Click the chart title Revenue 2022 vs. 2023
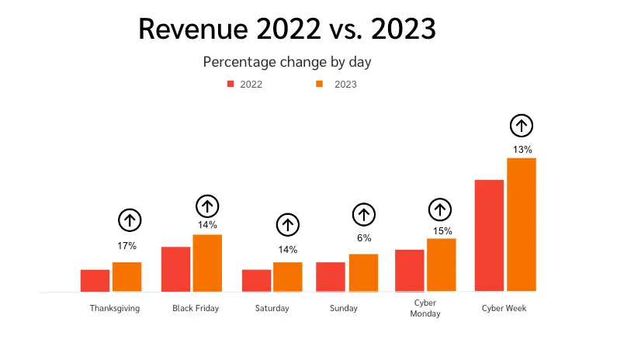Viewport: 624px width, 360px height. (x=286, y=29)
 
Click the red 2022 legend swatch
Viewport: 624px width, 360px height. (x=231, y=84)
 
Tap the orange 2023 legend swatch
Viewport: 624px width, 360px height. (x=319, y=84)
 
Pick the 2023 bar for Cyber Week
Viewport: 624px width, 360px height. (x=522, y=225)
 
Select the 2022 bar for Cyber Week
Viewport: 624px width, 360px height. (x=489, y=236)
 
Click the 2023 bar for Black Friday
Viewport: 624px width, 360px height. (x=207, y=263)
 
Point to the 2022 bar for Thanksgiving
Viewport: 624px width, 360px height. (x=95, y=281)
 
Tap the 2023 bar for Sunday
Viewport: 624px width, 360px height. (x=363, y=273)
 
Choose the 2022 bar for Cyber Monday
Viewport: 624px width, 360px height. (x=409, y=271)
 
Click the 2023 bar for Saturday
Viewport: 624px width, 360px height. (x=288, y=277)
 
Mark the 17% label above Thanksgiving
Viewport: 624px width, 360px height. (x=127, y=246)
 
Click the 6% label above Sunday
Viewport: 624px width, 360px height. (x=364, y=238)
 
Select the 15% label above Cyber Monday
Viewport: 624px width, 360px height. (x=442, y=230)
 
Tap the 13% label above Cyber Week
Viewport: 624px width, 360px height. (x=522, y=150)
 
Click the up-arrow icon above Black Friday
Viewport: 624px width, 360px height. (x=207, y=206)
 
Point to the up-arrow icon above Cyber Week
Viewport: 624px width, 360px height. (x=522, y=125)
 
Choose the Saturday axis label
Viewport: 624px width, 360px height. (x=272, y=308)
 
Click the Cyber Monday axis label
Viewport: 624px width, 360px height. (x=425, y=309)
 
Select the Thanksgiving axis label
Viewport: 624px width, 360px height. (x=115, y=308)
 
